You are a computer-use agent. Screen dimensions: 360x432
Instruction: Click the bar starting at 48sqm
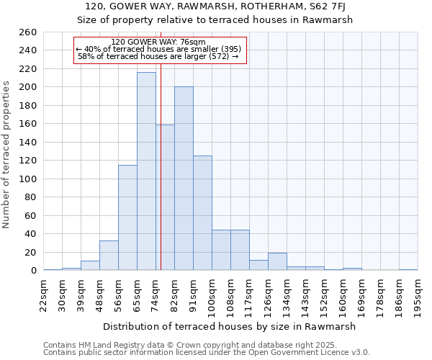[109, 256]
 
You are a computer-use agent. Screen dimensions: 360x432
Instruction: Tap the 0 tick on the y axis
[33, 271]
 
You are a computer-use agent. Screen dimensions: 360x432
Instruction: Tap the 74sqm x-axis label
[156, 294]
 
